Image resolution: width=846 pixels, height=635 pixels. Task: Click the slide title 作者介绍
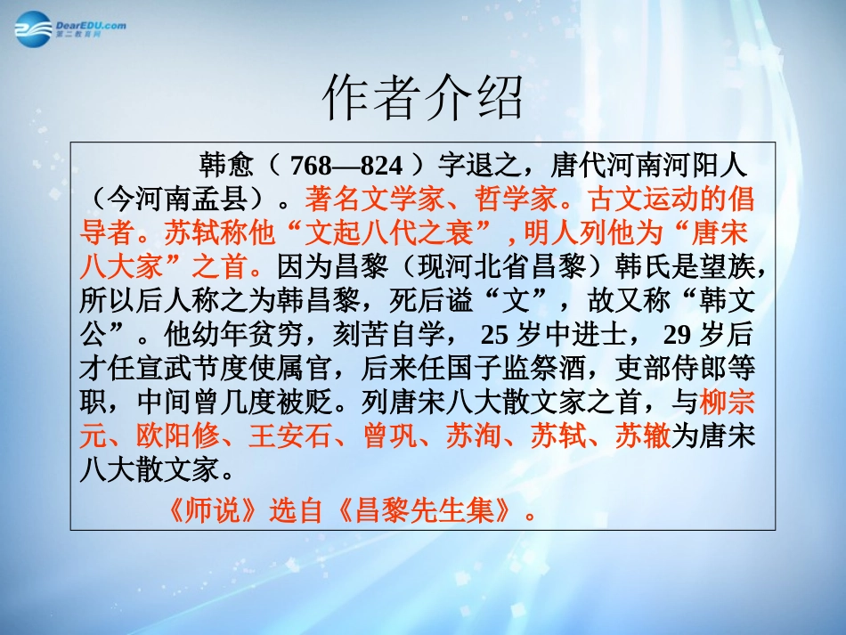click(422, 97)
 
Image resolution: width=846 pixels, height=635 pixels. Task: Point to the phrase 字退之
click(477, 165)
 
